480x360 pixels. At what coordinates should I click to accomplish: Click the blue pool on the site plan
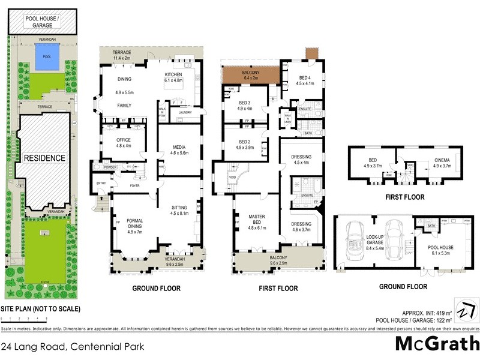click(42, 60)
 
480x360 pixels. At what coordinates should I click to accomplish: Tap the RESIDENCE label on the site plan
click(44, 158)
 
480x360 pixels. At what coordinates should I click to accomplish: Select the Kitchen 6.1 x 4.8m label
click(178, 76)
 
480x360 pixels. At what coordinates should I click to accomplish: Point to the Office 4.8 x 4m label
click(124, 143)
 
